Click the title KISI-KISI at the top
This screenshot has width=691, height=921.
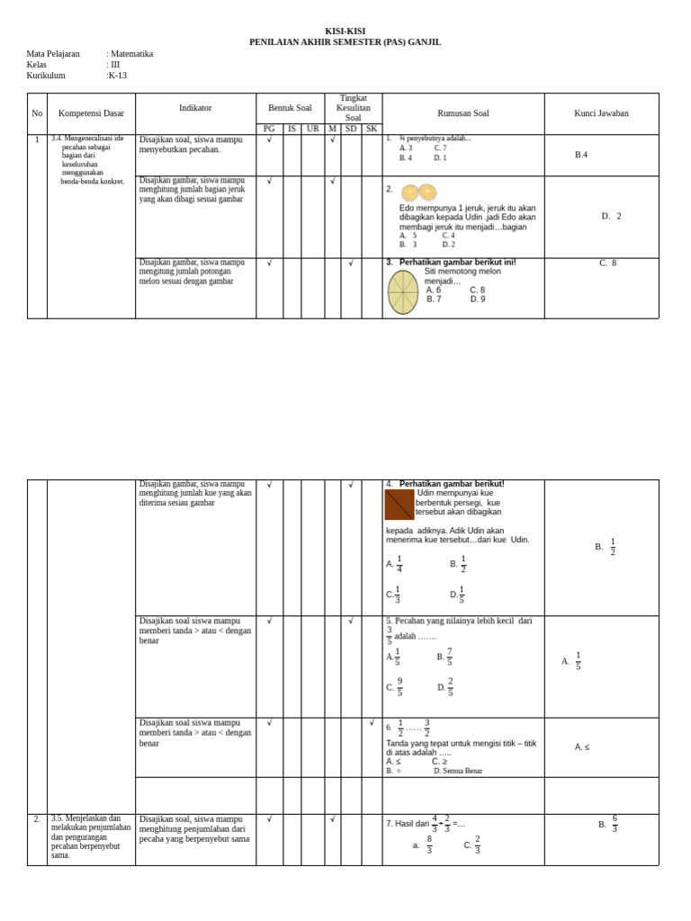point(345,31)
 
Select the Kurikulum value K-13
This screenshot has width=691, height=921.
point(118,76)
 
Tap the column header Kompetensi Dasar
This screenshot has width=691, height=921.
point(91,113)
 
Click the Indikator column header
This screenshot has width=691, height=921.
point(195,108)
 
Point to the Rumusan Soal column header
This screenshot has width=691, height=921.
point(462,113)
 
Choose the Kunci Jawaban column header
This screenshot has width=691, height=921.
point(601,113)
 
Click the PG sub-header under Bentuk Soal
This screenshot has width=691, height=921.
point(269,129)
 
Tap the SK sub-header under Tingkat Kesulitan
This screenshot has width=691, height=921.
point(372,129)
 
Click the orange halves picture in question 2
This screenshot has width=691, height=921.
point(418,192)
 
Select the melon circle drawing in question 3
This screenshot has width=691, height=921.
point(403,292)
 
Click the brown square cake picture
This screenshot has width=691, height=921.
point(399,505)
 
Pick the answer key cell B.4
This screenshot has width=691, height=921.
point(581,155)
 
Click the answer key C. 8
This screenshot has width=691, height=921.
point(608,264)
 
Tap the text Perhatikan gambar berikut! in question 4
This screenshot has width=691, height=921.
point(452,484)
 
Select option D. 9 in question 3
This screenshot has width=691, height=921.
point(478,300)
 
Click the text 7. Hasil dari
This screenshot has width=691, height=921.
point(408,824)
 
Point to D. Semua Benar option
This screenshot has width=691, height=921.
point(458,771)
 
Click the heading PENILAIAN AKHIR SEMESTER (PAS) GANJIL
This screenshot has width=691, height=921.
point(345,42)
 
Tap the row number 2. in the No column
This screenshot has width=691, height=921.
point(37,819)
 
